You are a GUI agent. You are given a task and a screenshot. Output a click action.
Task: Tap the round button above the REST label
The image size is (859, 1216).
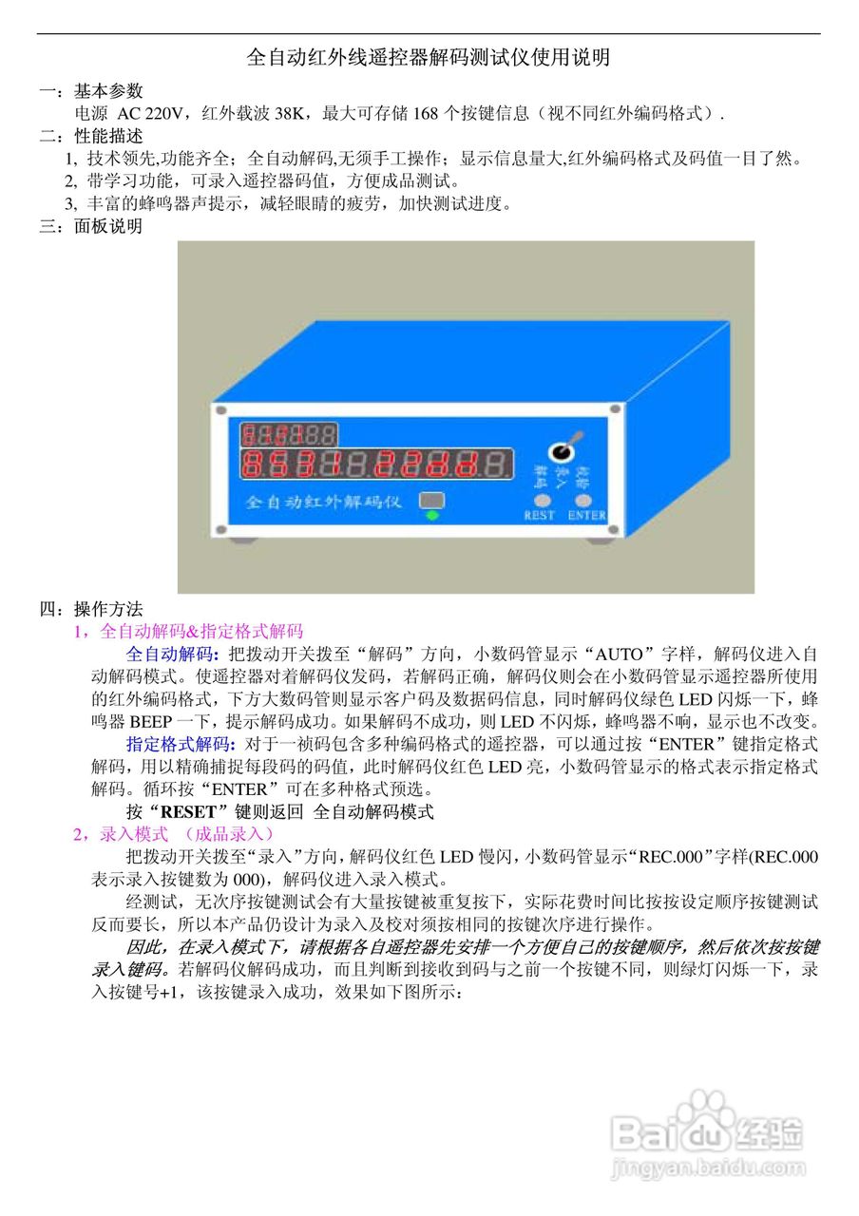(x=542, y=499)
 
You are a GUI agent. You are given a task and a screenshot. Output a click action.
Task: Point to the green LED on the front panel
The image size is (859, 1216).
(x=432, y=516)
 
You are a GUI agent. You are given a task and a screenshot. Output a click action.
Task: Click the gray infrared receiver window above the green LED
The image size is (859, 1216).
(x=432, y=500)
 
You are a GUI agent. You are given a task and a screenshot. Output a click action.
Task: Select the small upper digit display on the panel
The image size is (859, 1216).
(x=288, y=435)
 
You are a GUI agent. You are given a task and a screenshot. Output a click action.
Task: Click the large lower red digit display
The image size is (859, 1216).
(x=376, y=465)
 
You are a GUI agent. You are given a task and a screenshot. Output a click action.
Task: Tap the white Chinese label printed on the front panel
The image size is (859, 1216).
(x=323, y=502)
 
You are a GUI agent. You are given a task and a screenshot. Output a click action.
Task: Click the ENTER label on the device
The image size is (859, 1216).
(x=586, y=516)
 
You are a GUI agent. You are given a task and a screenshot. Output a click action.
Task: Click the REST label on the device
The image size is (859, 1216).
(x=540, y=516)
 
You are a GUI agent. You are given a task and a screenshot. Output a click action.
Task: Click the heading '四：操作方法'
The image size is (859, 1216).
(x=90, y=609)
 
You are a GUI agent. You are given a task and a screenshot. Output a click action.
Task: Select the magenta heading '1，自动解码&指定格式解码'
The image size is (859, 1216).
(x=188, y=631)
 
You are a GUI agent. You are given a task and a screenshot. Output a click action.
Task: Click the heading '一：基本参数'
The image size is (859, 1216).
(x=90, y=91)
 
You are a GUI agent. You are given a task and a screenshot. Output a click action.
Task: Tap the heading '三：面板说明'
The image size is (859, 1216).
(x=90, y=226)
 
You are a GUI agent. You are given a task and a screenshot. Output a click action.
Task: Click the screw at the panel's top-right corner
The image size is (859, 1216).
(x=615, y=409)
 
